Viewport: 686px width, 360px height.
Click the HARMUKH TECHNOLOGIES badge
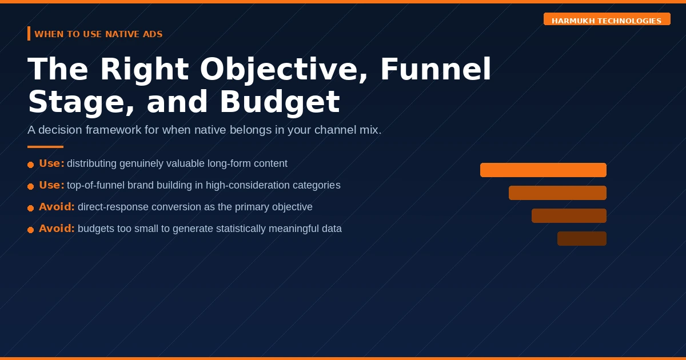607,19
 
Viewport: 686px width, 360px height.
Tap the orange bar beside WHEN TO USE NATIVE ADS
29,33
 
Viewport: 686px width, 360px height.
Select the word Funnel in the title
436,69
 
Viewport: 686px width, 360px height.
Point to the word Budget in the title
280,102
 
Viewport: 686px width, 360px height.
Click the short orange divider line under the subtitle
45,147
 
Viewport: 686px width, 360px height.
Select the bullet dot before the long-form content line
30,165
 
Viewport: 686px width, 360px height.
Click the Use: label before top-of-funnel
51,185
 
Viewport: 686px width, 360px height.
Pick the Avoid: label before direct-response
57,207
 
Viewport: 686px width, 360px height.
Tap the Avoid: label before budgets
57,229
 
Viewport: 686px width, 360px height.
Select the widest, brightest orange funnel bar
543,170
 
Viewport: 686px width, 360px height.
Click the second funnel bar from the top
558,193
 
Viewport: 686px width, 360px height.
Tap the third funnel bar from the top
569,216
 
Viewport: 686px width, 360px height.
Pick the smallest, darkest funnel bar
582,238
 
